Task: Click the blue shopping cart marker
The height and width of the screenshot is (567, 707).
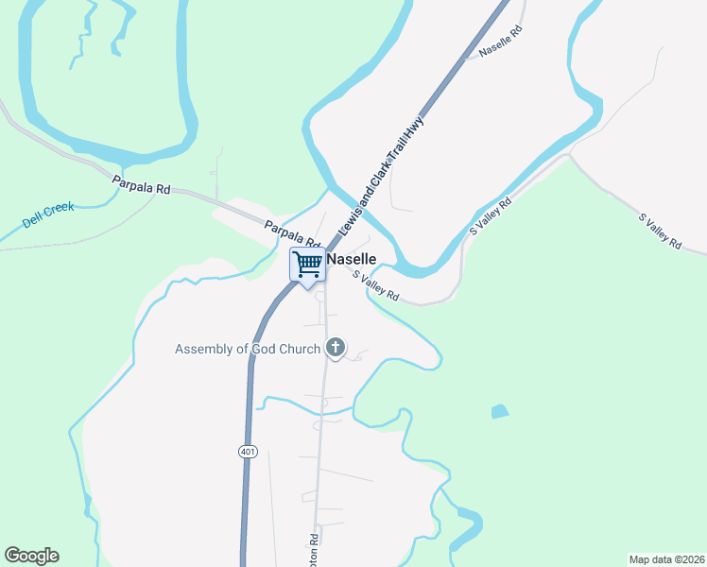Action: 307,264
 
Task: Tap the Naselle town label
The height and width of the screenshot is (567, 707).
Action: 352,259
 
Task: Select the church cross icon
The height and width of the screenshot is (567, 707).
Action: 335,349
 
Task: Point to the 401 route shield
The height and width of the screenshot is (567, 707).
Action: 247,453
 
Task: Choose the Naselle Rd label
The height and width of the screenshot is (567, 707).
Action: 500,43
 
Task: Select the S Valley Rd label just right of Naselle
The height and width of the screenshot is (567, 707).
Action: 376,286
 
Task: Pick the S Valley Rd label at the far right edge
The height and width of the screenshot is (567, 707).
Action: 661,232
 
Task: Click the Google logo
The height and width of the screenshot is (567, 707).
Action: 31,556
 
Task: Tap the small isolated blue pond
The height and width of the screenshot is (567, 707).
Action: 499,411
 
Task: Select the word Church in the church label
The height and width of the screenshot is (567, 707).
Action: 294,350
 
